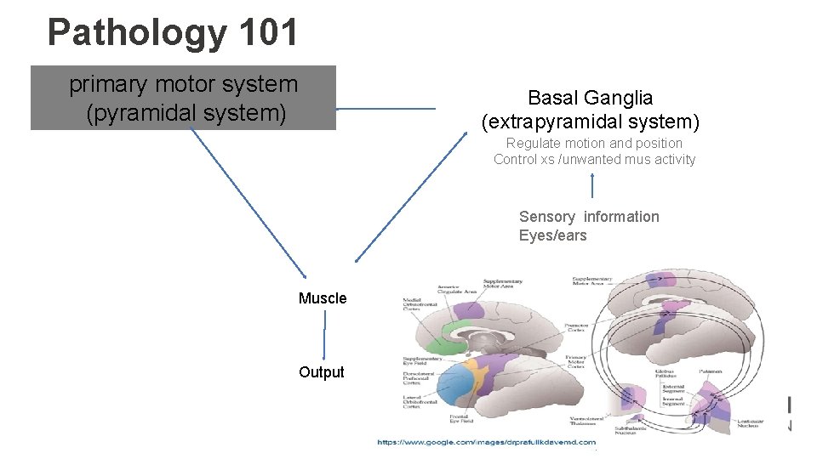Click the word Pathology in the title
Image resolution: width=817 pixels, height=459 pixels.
pos(137,32)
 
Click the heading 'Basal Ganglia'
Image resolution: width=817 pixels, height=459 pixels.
pos(590,98)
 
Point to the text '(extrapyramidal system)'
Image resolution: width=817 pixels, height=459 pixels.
pos(590,122)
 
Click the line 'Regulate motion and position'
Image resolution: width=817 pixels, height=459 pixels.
pos(594,143)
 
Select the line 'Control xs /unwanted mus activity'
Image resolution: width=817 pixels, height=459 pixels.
pos(594,159)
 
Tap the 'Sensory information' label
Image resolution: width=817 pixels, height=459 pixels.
pos(589,217)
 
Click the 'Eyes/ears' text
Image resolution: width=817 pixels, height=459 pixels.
pos(552,235)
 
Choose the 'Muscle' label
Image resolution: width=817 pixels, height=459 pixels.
pos(323,298)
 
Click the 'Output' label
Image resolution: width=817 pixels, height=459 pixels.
pos(322,372)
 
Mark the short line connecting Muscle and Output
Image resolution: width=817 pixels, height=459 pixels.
pos(324,336)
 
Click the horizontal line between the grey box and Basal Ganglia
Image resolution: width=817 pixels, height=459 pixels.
pos(386,109)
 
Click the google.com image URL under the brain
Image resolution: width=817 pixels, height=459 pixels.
pos(486,442)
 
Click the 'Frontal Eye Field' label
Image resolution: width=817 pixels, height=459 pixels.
pos(460,419)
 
